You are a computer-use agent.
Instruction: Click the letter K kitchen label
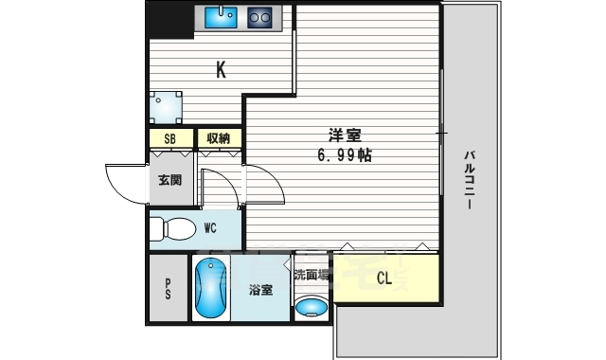221,69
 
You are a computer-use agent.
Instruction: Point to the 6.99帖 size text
343,154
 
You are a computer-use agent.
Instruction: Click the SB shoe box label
170,138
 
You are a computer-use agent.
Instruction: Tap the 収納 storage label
219,138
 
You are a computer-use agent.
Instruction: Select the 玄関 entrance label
169,181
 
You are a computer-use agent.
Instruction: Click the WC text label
211,227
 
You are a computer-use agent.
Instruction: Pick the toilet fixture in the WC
171,228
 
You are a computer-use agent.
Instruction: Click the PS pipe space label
169,289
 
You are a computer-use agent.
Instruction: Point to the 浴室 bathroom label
262,291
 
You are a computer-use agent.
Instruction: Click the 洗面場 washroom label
312,276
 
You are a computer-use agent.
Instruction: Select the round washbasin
311,305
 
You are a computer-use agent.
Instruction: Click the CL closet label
385,279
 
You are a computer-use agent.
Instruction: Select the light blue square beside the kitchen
167,106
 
